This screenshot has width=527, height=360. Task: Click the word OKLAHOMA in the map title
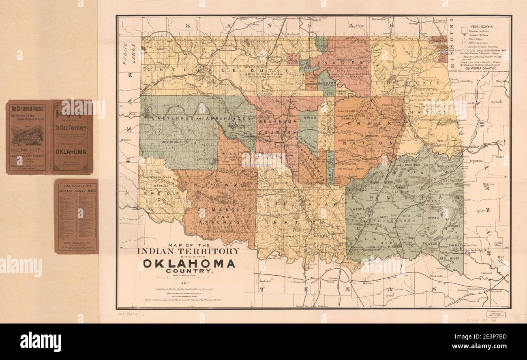click(x=189, y=264)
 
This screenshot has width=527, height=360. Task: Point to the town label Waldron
click(x=488, y=184)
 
